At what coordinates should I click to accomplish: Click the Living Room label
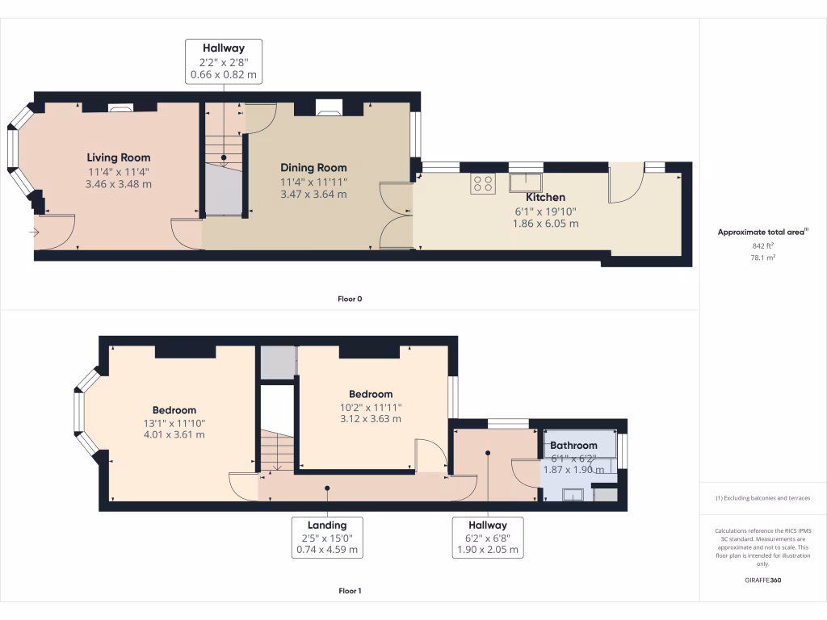tap(119, 157)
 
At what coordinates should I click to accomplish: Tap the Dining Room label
tap(313, 168)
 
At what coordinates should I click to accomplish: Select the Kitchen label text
tap(546, 197)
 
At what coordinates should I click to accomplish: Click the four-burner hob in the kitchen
tap(483, 183)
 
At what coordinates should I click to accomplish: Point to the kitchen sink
tap(526, 182)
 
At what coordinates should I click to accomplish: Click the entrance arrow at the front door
tap(33, 232)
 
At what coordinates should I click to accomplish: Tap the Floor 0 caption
tap(350, 299)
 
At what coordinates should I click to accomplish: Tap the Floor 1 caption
tap(350, 591)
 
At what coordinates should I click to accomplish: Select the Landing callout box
tap(327, 537)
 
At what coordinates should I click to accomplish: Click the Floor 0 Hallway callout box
tap(224, 61)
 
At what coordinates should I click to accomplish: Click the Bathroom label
tap(573, 446)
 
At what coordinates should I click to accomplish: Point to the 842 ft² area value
tap(762, 245)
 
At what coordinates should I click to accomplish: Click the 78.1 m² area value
tap(762, 258)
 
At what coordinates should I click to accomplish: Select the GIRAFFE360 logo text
tap(762, 580)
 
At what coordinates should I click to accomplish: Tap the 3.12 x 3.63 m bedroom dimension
tap(371, 419)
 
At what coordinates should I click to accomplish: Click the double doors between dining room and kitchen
tap(396, 216)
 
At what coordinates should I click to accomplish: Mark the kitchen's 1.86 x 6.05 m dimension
tap(546, 224)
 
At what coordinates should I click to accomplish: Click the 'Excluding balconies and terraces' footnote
tap(762, 498)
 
